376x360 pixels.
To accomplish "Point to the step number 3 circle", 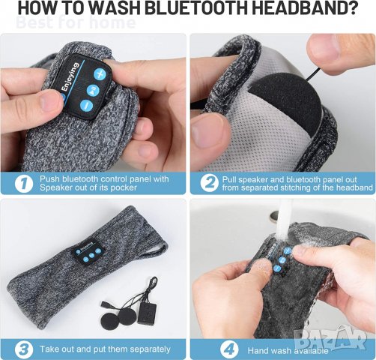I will (24, 348).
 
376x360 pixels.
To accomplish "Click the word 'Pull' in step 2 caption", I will (235, 179).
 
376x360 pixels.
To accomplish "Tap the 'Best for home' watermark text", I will (75, 22).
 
